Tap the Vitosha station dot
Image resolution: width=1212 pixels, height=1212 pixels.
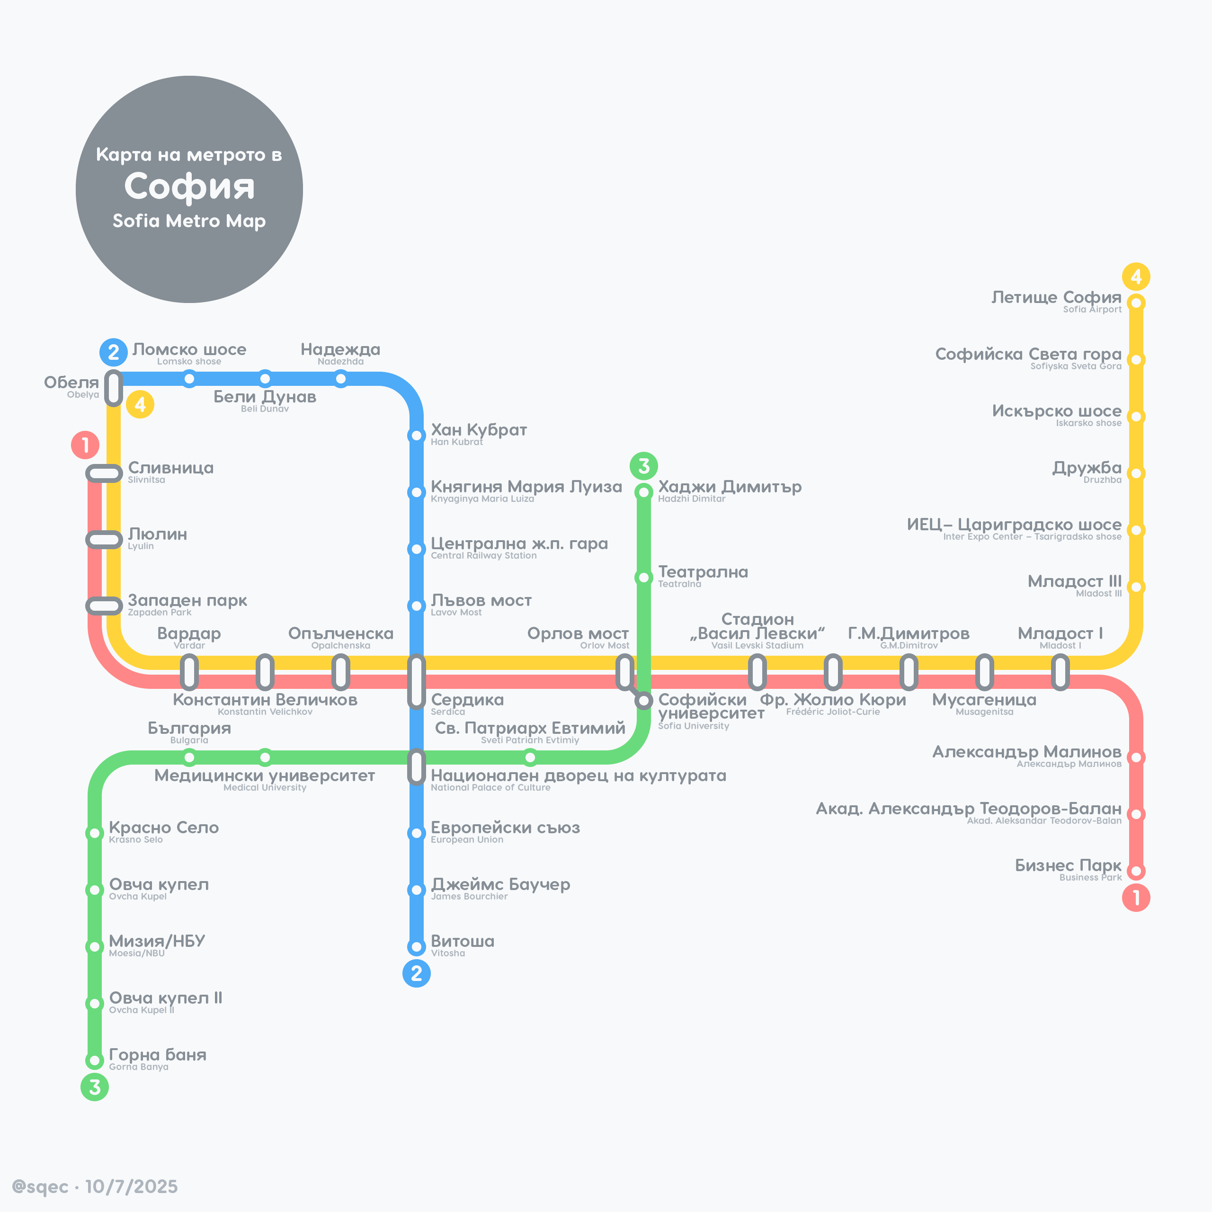point(417,947)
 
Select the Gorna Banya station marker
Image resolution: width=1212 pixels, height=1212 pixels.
point(95,1060)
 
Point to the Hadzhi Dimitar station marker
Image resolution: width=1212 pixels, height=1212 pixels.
point(644,492)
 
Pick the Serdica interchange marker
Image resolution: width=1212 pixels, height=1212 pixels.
point(417,681)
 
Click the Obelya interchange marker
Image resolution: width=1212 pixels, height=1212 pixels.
point(114,388)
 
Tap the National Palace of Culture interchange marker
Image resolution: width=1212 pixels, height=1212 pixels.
point(417,766)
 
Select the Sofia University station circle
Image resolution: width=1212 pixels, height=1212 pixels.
point(644,700)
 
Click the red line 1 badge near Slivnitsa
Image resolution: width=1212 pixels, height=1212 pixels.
point(85,445)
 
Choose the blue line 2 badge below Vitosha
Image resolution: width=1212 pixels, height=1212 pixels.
point(417,973)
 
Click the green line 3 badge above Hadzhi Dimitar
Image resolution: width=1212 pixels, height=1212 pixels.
point(644,465)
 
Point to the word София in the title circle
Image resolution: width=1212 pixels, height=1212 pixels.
point(189,187)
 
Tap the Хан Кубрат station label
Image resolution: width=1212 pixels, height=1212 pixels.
point(479,430)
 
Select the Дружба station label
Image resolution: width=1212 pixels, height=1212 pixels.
point(1087,468)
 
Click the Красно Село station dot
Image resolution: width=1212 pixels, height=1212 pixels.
point(95,833)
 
